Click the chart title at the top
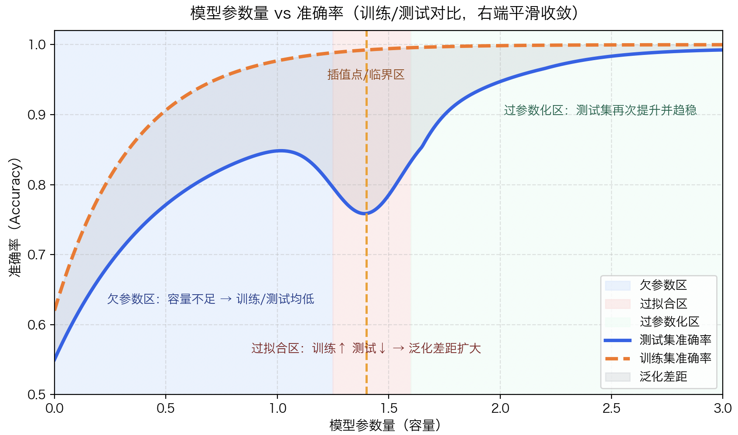(384, 13)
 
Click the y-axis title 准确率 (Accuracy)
(15, 217)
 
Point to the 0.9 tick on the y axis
(37, 115)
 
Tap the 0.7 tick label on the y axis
(37, 255)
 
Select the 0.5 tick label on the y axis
(37, 395)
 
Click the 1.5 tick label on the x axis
(389, 408)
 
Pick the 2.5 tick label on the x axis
(612, 408)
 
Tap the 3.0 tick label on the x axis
(722, 408)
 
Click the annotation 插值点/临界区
(366, 75)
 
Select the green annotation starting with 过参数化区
(600, 110)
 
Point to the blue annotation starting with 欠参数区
(211, 299)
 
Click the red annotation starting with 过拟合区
(366, 348)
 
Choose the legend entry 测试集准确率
(675, 340)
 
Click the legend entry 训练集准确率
(675, 358)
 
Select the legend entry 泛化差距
(663, 377)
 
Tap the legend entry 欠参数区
(663, 285)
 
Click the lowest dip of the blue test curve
(366, 214)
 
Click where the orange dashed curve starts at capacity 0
(55, 310)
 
